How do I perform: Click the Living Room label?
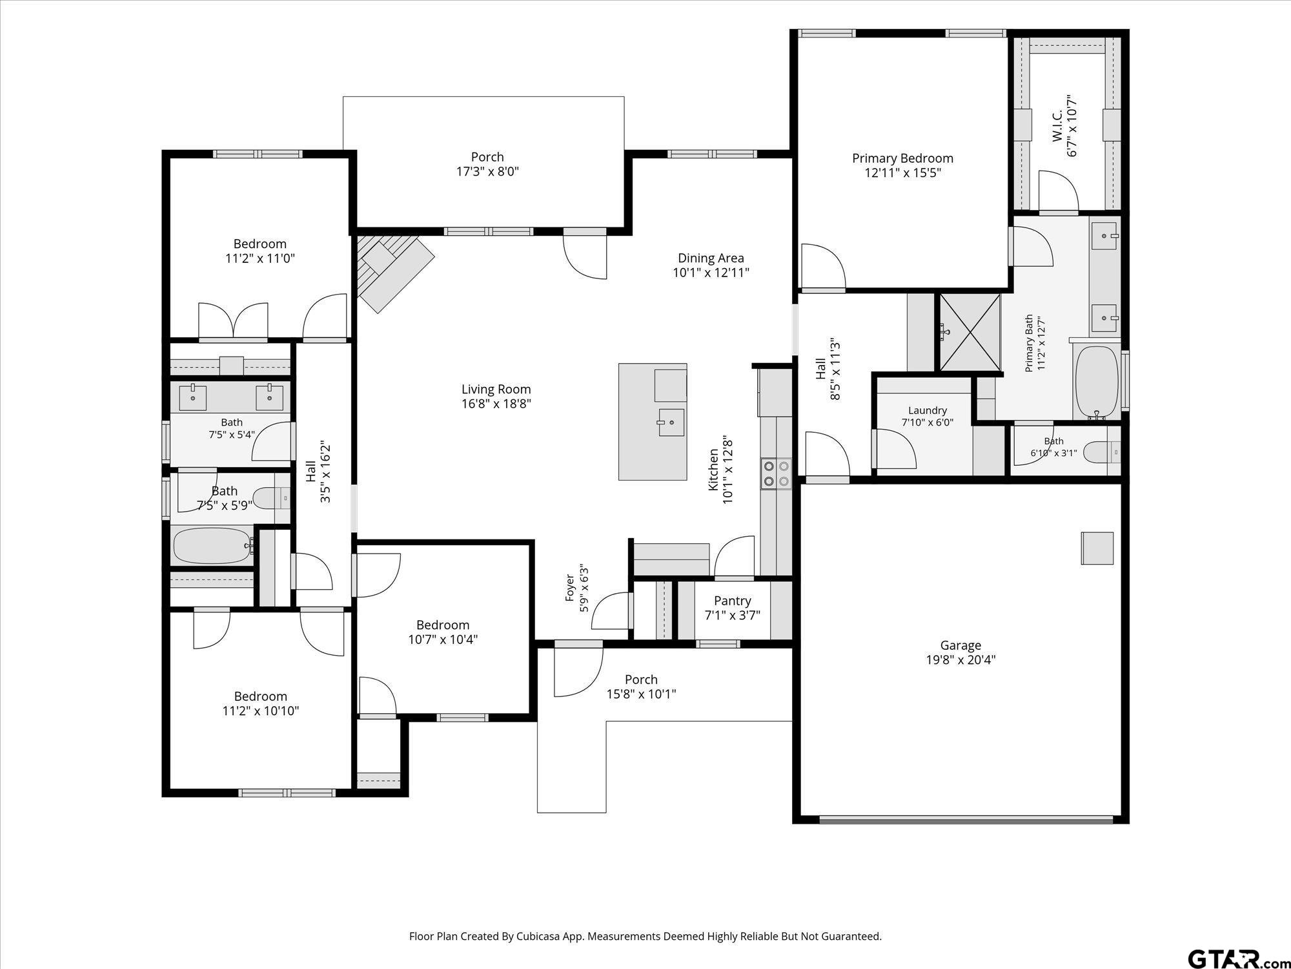496,390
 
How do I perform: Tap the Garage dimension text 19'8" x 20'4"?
961,660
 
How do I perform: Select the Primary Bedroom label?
902,158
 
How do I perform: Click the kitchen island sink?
671,422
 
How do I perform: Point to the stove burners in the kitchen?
776,472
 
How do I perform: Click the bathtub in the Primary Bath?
1097,383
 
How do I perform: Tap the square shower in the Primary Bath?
969,333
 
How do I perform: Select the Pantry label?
732,601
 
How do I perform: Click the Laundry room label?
928,410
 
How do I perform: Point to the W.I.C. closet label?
1057,127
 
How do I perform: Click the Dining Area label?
711,258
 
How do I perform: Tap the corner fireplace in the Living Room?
394,271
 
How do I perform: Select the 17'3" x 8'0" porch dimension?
487,172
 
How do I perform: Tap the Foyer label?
570,587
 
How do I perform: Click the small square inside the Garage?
1097,548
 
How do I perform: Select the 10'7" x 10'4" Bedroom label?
443,625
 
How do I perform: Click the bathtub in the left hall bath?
213,547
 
